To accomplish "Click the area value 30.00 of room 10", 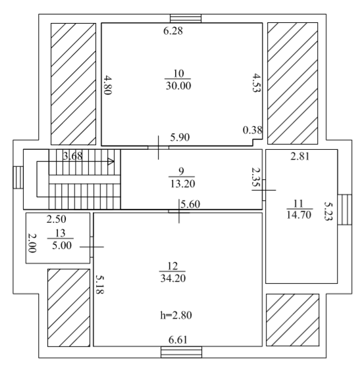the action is coord(178,86).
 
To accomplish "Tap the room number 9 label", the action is coord(181,171).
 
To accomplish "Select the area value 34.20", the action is coord(173,278).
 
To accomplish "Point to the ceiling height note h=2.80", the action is coord(176,316).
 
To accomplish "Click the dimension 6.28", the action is coord(173,31).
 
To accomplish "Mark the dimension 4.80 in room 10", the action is coord(108,85).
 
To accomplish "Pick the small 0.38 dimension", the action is coord(253,130).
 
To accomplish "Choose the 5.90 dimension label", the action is coord(180,137).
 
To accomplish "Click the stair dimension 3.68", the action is coord(72,156).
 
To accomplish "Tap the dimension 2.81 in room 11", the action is coord(300,156).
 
